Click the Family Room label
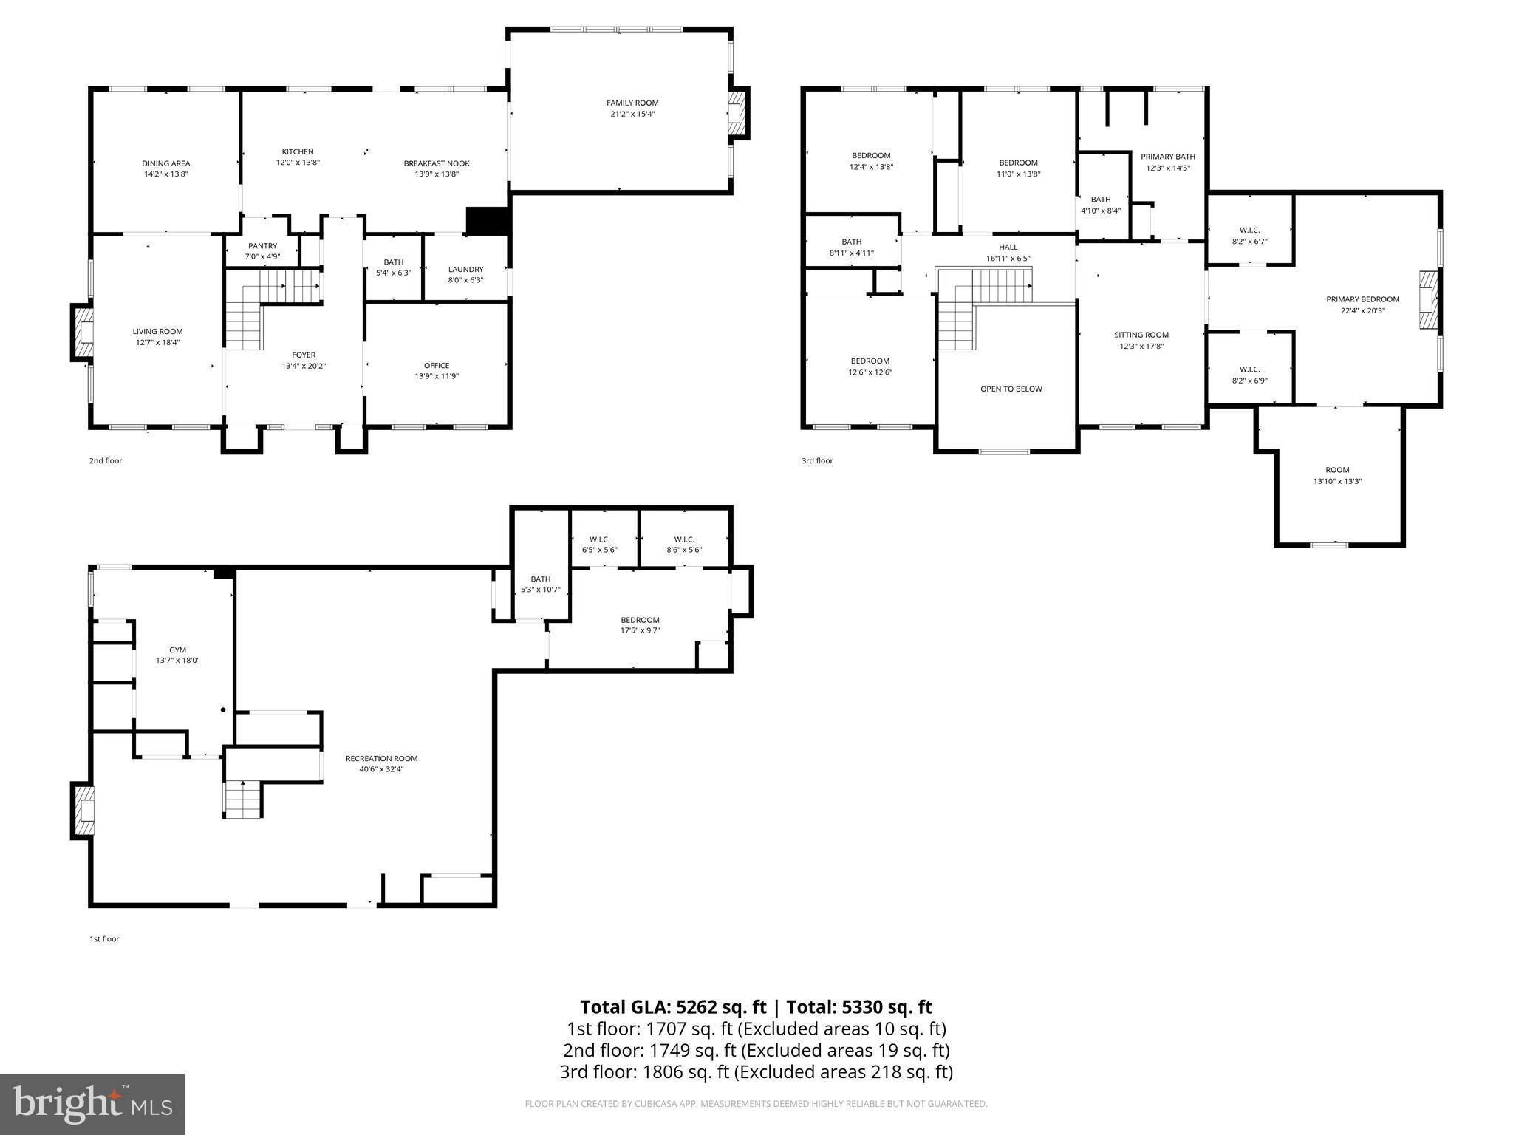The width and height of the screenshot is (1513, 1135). coord(632,103)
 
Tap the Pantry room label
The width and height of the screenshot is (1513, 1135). coord(262,246)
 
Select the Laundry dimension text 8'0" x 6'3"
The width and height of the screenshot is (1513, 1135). coord(465,280)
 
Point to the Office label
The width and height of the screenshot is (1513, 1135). coord(437,365)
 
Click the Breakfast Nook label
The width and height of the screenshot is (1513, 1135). coord(437,163)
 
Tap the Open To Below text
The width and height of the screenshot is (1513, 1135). coord(1011,389)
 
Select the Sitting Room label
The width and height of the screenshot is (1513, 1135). coord(1141,335)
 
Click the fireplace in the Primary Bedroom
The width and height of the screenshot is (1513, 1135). coord(1429,299)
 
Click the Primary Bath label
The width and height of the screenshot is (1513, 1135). coord(1168,157)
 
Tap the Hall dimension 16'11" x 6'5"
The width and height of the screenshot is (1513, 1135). coord(1008,259)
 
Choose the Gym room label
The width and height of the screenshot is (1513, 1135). coord(177,650)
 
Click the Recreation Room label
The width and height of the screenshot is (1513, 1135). coord(381,758)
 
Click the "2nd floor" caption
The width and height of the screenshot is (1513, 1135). coord(106,460)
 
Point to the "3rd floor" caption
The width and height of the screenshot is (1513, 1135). coord(817,460)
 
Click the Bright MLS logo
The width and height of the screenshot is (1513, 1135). coord(92,1104)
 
